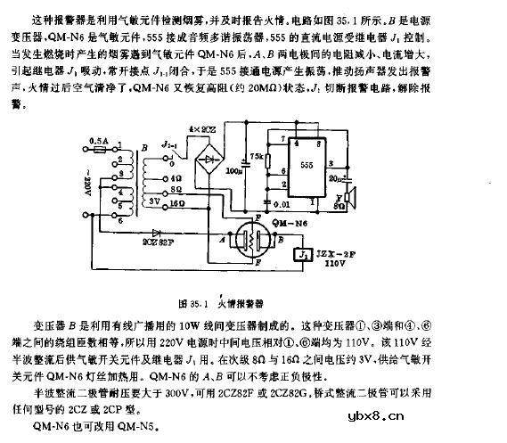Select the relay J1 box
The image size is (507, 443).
tap(304, 255)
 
